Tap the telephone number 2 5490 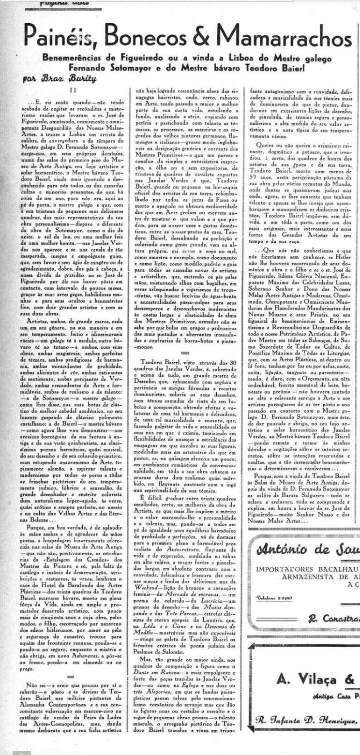[x=274, y=597]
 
